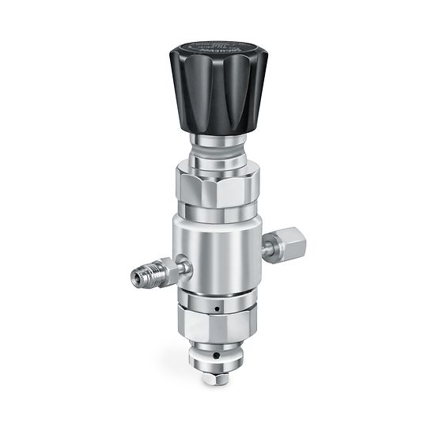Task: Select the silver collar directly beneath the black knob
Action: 218,143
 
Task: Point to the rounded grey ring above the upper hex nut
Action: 218,164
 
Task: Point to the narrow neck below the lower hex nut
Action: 214,349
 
